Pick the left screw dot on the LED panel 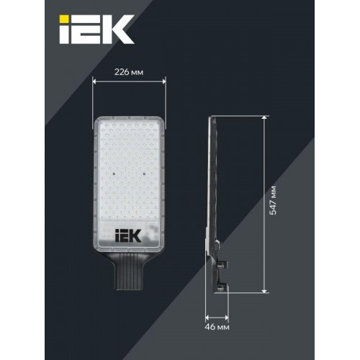pos(114,173)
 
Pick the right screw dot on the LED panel pos(147,173)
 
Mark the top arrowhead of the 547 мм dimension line pos(264,117)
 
